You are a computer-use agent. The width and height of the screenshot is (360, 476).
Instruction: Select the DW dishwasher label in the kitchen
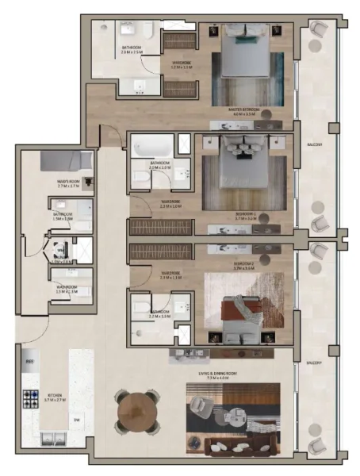tap(77, 420)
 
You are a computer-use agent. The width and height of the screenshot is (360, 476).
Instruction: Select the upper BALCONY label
tap(316, 143)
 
